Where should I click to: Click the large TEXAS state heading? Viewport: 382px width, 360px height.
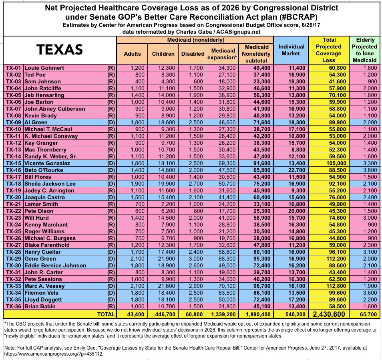point(60,49)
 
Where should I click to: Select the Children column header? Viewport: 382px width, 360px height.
point(163,54)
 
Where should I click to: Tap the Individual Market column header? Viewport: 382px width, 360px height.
point(292,50)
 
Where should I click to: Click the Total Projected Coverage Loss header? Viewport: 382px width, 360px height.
point(329,50)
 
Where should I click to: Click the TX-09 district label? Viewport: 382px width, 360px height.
point(13,122)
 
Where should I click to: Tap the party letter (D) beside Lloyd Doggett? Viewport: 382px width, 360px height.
point(111,299)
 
